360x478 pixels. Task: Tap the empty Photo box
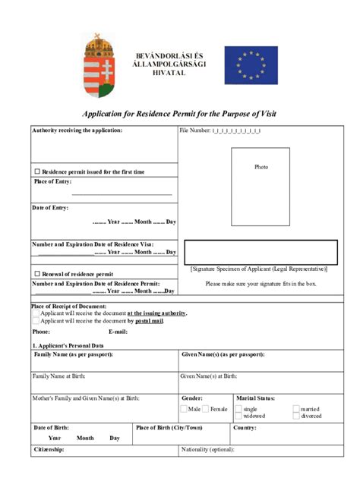(261, 187)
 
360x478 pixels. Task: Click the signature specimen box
(261, 252)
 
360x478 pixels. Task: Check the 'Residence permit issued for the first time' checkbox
(36, 172)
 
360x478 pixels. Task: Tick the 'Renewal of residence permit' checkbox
(36, 274)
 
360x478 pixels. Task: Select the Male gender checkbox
(184, 409)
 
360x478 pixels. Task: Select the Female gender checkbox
(206, 409)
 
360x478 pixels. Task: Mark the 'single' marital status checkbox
(238, 409)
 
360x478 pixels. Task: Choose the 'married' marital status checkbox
(295, 409)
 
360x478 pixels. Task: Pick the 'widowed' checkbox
(238, 416)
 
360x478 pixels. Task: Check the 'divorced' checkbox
(295, 416)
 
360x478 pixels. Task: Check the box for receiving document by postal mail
(36, 320)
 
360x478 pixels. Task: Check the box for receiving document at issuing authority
(36, 313)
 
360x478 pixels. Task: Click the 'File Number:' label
(194, 131)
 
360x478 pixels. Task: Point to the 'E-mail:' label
(118, 332)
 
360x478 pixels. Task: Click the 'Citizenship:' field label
(49, 449)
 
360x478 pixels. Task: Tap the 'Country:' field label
(245, 428)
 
